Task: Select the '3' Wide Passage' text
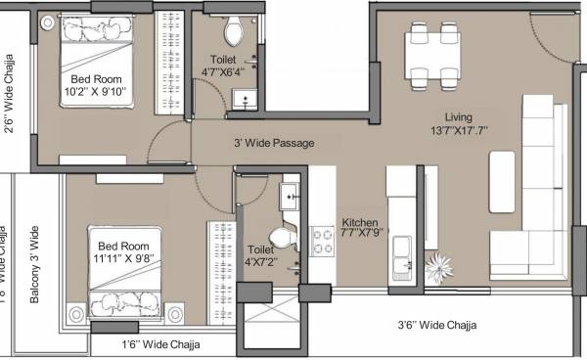273,143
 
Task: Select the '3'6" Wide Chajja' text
449,326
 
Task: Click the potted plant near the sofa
439,266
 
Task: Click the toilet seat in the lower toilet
281,238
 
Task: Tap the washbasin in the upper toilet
243,96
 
